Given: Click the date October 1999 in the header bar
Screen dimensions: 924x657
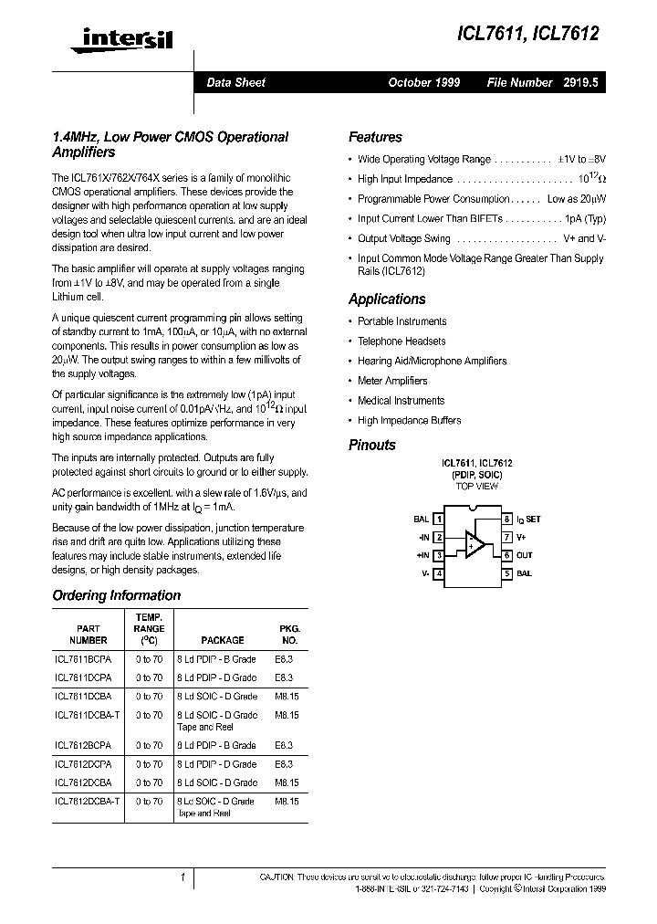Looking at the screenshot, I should pyautogui.click(x=424, y=82).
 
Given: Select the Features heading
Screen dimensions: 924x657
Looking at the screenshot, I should pyautogui.click(x=375, y=138).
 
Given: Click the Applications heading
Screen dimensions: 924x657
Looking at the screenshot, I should pyautogui.click(x=387, y=299).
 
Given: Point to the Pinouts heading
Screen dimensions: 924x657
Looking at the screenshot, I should pyautogui.click(x=372, y=446).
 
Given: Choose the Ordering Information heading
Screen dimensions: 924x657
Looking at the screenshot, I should pyautogui.click(x=117, y=595).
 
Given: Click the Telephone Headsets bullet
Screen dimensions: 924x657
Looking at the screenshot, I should pyautogui.click(x=401, y=341).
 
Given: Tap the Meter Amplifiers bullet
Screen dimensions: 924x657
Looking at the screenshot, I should pyautogui.click(x=392, y=381).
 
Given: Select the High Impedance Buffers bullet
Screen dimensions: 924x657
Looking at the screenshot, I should pyautogui.click(x=410, y=421).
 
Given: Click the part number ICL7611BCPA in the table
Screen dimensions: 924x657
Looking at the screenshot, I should pyautogui.click(x=83, y=659).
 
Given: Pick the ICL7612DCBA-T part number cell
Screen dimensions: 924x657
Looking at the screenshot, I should pyautogui.click(x=87, y=801).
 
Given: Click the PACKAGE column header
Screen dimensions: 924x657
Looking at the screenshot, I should pyautogui.click(x=222, y=640).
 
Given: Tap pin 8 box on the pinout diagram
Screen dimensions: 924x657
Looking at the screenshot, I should pyautogui.click(x=506, y=519).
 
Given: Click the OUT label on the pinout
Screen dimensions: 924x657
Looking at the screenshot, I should pyautogui.click(x=524, y=555).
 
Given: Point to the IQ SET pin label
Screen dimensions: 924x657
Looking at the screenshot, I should pyautogui.click(x=528, y=519).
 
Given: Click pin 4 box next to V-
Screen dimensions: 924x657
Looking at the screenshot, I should pyautogui.click(x=439, y=573).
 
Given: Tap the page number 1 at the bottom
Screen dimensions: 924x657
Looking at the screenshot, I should pyautogui.click(x=183, y=878).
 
